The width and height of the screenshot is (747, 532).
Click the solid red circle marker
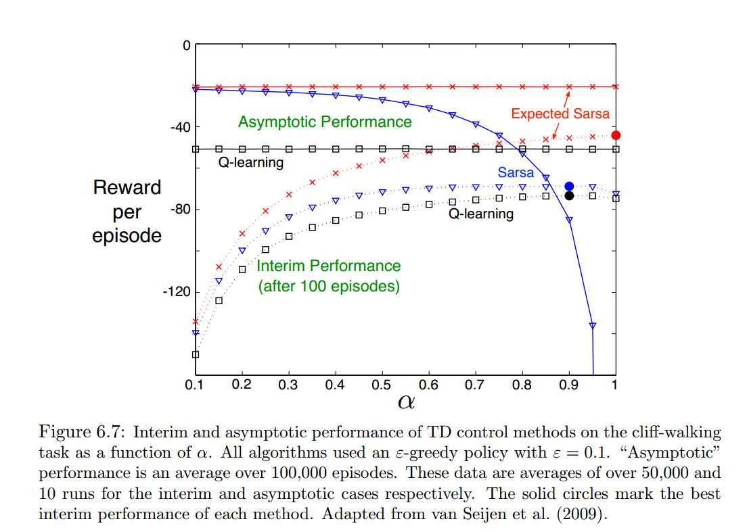click(x=616, y=135)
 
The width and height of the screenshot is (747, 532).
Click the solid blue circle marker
click(x=569, y=186)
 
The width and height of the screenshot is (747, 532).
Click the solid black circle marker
click(x=569, y=196)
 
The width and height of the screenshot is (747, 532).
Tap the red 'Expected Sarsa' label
click(x=560, y=114)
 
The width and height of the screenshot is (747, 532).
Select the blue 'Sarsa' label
click(x=516, y=173)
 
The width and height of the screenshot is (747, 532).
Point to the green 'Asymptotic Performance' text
click(x=325, y=122)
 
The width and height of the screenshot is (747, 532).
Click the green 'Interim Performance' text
click(x=329, y=266)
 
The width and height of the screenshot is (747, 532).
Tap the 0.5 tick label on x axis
click(x=382, y=385)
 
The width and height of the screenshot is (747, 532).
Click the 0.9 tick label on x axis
click(x=569, y=385)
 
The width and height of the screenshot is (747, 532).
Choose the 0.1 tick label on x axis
click(x=196, y=385)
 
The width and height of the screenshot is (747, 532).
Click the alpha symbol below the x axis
click(x=405, y=403)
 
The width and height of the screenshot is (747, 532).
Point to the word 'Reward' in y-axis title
click(x=127, y=188)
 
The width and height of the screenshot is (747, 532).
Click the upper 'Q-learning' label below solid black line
click(x=250, y=162)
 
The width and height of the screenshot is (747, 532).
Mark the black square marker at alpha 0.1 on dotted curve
click(x=196, y=354)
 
